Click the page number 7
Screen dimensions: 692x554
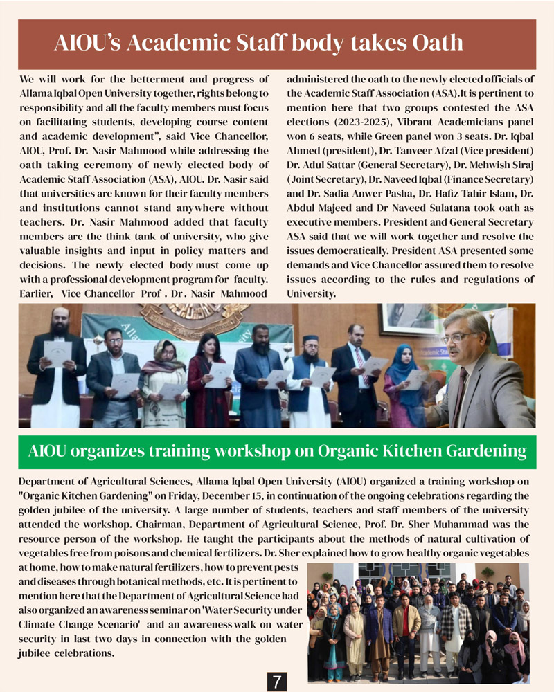coord(277,682)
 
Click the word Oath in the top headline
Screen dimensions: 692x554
coord(436,43)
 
